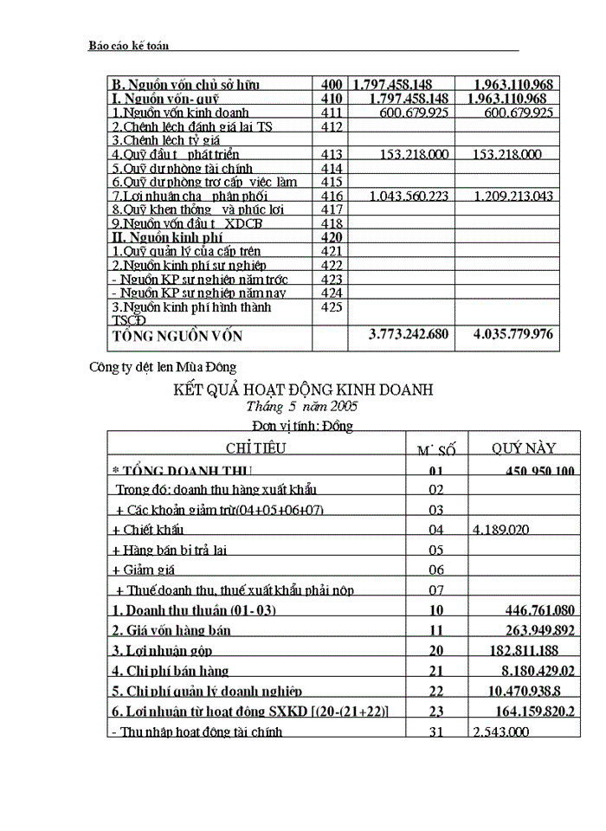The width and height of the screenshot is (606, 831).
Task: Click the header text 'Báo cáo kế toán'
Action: pos(129,44)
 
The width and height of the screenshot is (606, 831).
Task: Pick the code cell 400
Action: pos(331,85)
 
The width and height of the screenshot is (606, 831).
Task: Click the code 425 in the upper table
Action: pos(331,306)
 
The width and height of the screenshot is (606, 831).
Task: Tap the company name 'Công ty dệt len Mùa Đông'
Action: pos(163,367)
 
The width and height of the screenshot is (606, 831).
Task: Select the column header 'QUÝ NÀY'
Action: pos(524,448)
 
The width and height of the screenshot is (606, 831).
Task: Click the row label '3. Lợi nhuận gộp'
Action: pos(162,650)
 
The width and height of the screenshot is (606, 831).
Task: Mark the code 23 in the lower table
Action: pos(436,711)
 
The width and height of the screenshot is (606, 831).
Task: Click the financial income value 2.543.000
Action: pos(501,731)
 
